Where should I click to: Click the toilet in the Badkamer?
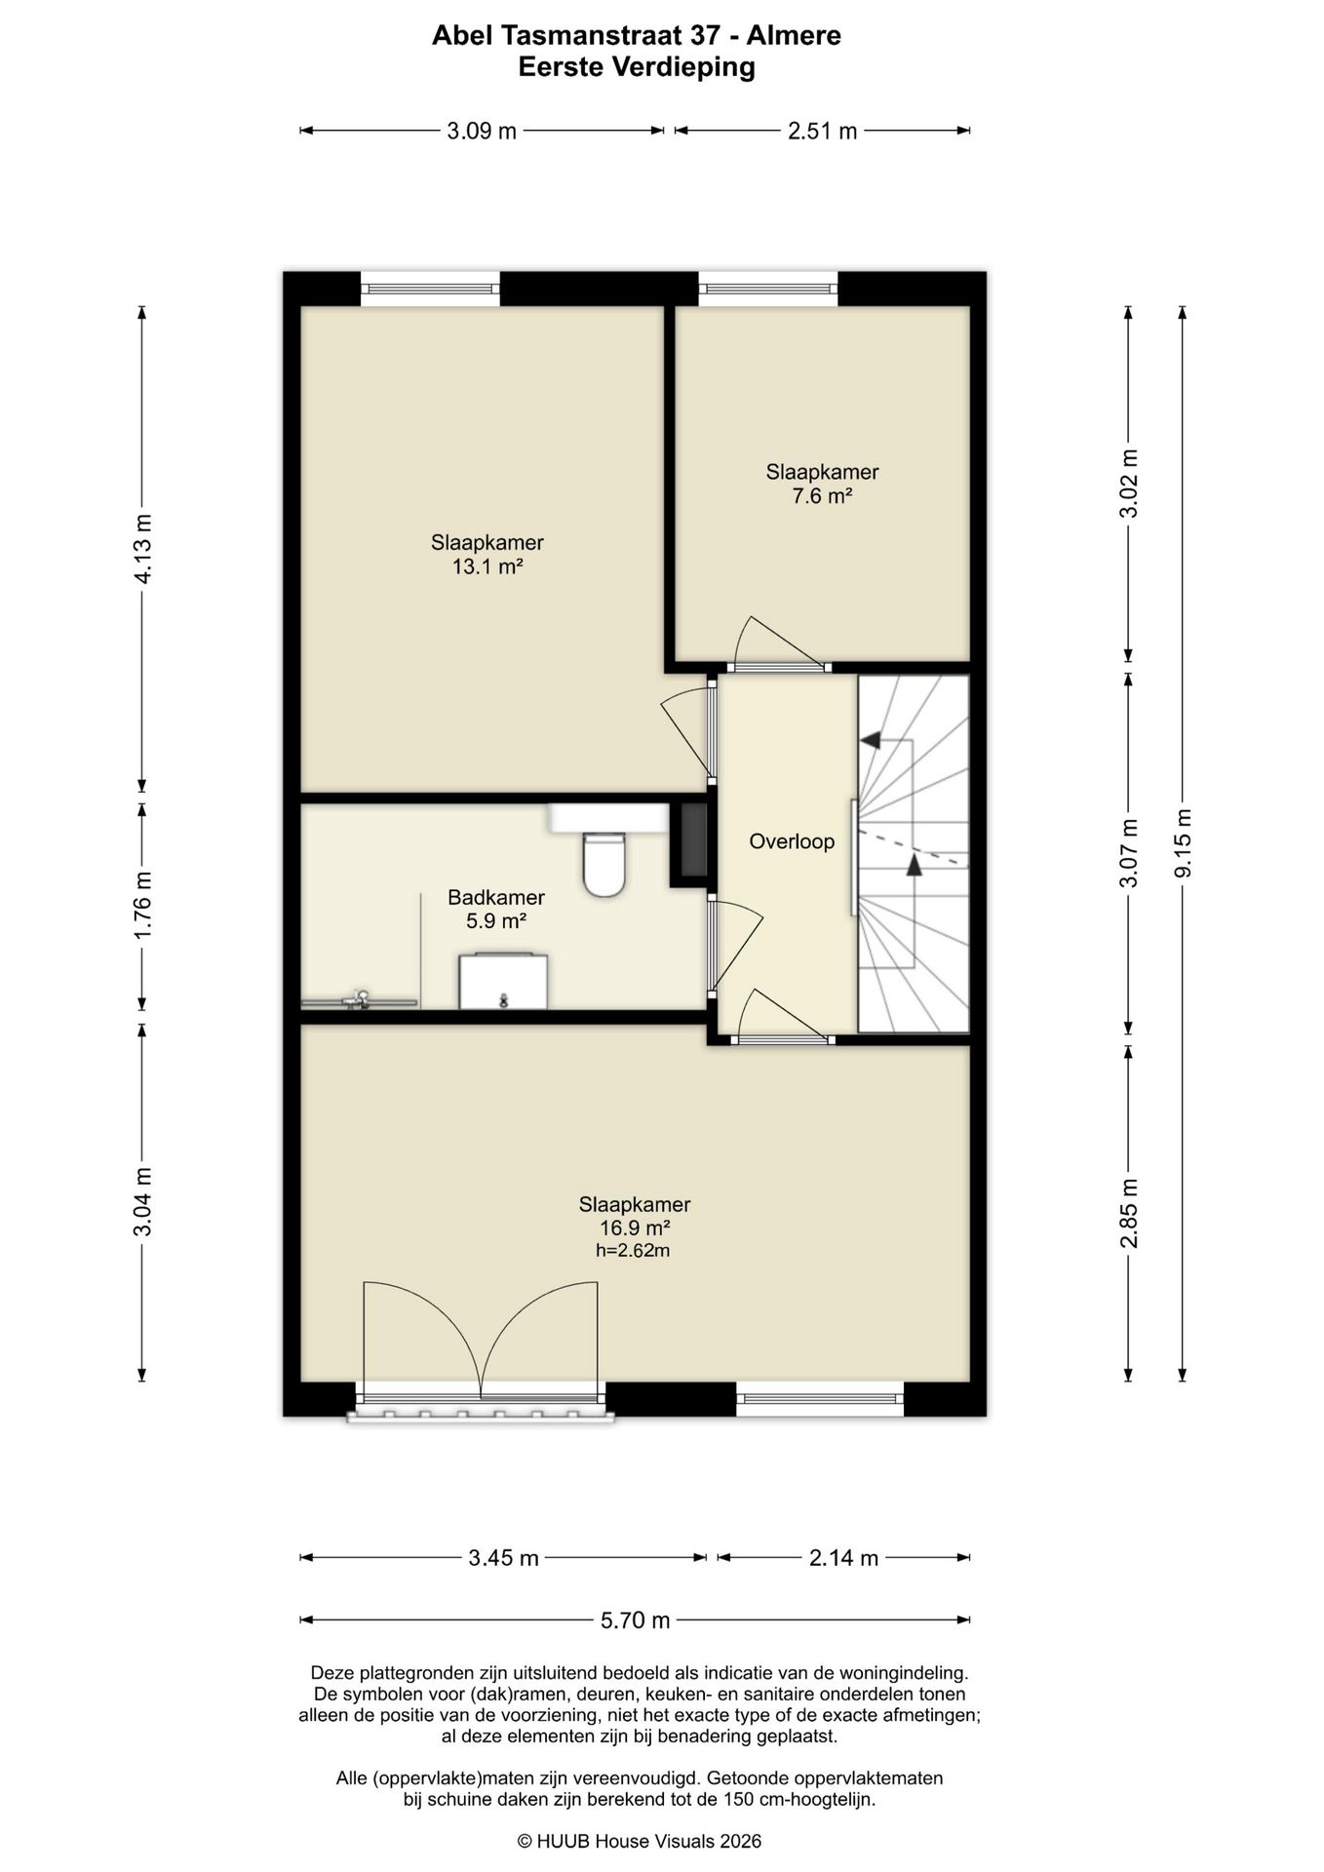(x=604, y=864)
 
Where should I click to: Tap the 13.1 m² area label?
(x=487, y=566)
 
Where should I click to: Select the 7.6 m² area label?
(x=822, y=495)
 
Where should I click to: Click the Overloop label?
(x=792, y=840)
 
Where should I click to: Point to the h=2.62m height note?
(x=633, y=1250)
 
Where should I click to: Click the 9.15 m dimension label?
(x=1183, y=843)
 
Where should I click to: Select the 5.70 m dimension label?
(x=635, y=1619)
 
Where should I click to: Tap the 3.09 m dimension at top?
(x=482, y=131)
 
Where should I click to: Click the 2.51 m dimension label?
(x=822, y=131)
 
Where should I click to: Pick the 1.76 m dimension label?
(x=142, y=905)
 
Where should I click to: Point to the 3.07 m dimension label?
(x=1129, y=853)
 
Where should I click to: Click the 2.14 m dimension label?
(x=843, y=1557)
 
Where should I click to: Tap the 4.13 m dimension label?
(x=142, y=548)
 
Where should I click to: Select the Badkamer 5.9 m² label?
(x=496, y=909)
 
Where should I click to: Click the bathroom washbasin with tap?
(x=503, y=981)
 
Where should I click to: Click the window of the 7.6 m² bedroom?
(x=768, y=289)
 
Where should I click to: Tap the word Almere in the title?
(x=794, y=36)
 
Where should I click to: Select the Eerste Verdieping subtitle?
(x=637, y=67)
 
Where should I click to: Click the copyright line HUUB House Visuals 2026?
(x=639, y=1841)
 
